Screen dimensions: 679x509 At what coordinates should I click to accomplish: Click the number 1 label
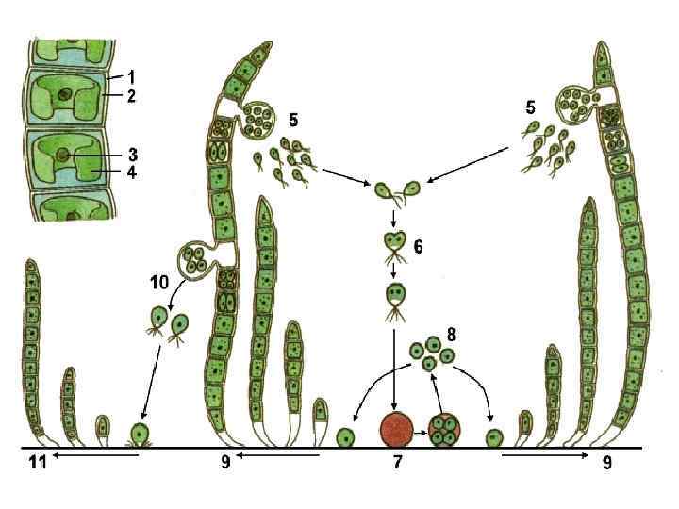[133, 75]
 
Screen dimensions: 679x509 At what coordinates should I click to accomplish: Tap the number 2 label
[133, 95]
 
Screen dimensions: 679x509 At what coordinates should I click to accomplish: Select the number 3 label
[133, 154]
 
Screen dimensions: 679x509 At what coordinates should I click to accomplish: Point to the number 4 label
[133, 173]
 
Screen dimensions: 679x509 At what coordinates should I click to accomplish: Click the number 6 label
[418, 246]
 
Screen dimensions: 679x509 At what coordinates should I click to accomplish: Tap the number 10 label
[158, 281]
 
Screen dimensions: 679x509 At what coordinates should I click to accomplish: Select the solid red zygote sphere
[396, 429]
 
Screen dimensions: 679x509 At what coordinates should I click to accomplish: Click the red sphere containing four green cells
[444, 430]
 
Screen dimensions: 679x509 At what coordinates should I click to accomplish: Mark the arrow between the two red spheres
[421, 430]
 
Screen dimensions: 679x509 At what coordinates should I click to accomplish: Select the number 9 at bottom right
[607, 464]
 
